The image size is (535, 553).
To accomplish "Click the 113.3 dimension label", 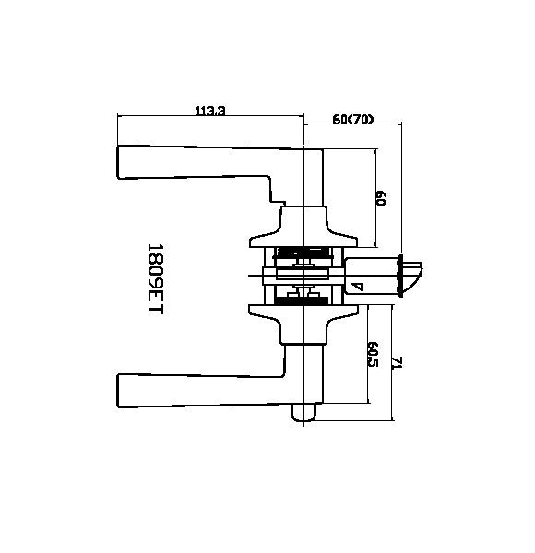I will click(x=211, y=111).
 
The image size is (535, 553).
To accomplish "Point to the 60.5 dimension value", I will click(x=373, y=355).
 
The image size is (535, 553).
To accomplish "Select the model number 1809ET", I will click(x=154, y=280).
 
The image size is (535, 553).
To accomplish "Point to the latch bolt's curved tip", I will click(x=420, y=276).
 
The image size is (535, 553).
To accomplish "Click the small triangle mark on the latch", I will click(x=356, y=287).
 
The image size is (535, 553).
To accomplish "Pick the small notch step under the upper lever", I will click(x=274, y=196).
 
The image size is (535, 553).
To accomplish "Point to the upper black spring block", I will click(x=304, y=253).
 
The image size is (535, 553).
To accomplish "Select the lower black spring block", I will click(x=304, y=300).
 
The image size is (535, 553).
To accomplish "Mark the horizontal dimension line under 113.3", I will click(x=211, y=117).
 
